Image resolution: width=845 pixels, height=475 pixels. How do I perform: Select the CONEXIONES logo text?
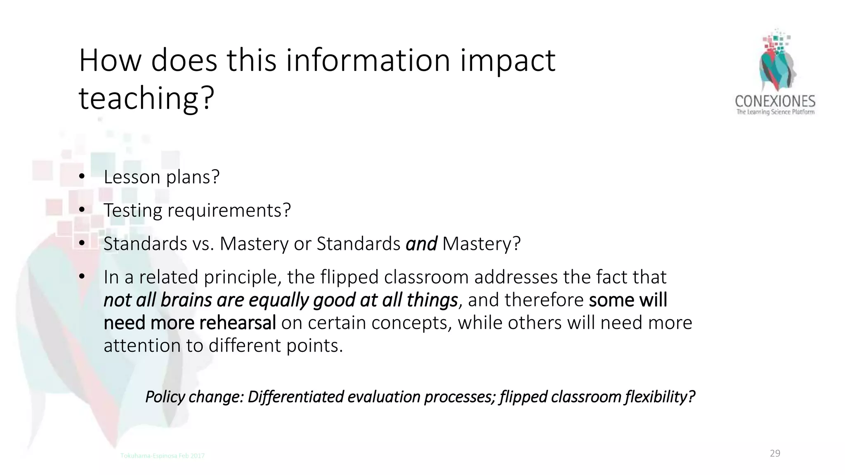tap(775, 101)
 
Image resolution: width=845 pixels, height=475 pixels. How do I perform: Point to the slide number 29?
tap(775, 454)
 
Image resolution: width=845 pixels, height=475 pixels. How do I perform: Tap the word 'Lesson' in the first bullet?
tap(132, 177)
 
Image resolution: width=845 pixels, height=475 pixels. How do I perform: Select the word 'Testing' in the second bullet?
tap(132, 211)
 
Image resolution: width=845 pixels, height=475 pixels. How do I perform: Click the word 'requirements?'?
tap(229, 211)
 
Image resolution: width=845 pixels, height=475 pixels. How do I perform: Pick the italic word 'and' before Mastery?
tap(421, 244)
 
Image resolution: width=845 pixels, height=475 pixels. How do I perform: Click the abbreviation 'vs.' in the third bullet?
tap(203, 244)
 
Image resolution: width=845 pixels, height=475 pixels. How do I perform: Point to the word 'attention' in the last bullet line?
tap(142, 346)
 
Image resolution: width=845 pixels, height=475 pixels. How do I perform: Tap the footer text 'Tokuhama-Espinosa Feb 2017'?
tap(162, 456)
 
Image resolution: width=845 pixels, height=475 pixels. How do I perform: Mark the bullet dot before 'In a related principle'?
tap(82, 277)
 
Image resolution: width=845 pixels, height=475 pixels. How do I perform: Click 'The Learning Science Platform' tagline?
tap(775, 112)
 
